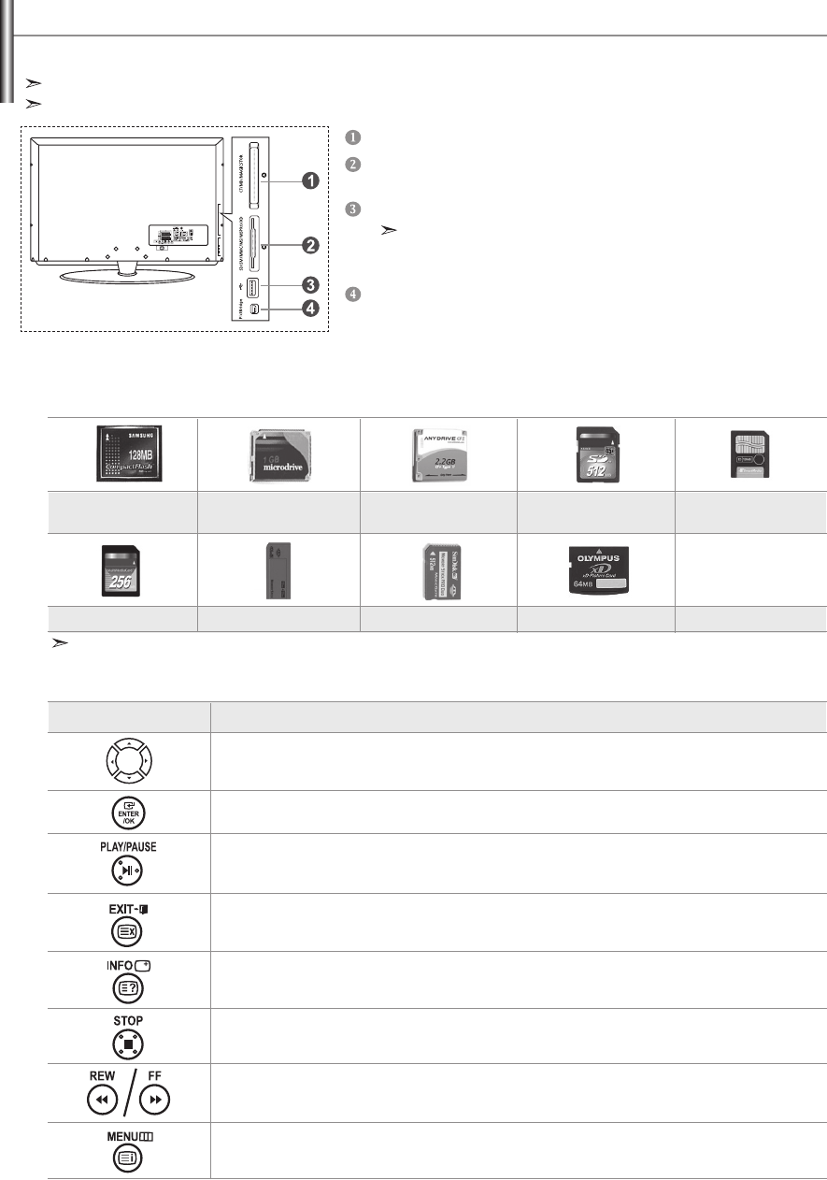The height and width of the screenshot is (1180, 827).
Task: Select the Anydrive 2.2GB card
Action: [x=438, y=453]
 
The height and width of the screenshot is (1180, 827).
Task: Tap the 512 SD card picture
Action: [x=594, y=454]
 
